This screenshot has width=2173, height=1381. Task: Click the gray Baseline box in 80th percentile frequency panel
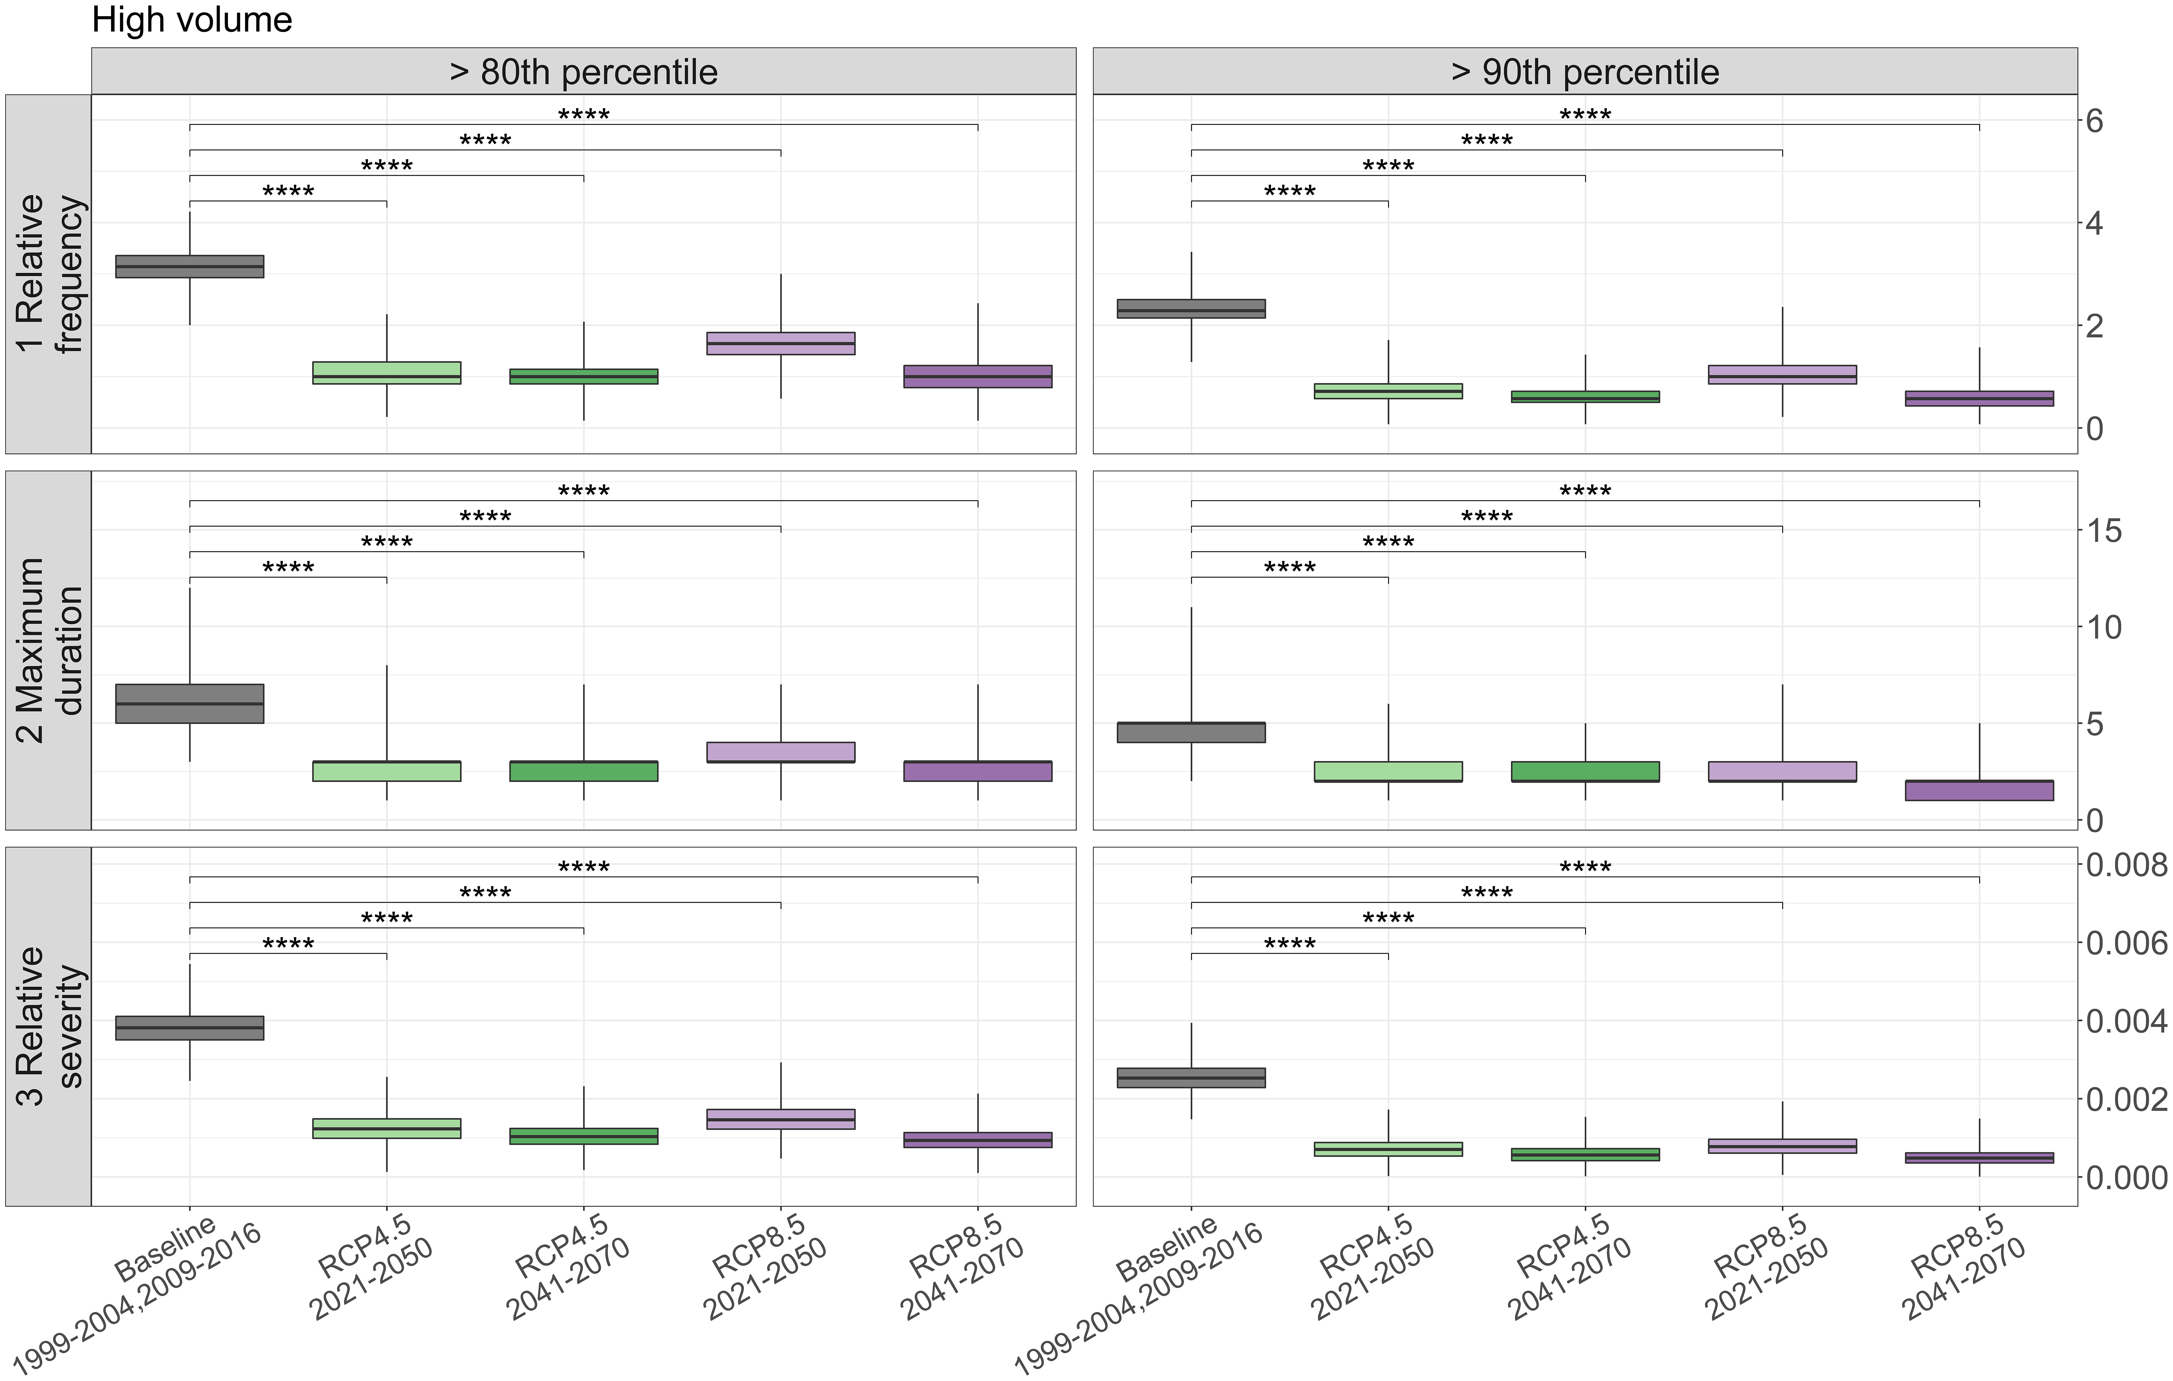[189, 266]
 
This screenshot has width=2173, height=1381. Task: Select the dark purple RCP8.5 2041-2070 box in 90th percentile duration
[1979, 791]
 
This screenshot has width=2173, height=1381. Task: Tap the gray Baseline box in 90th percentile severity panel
[1191, 1078]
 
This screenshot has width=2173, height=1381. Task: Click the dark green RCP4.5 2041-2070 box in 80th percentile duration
[584, 771]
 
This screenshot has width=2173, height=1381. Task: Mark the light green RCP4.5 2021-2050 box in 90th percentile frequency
[1388, 391]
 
